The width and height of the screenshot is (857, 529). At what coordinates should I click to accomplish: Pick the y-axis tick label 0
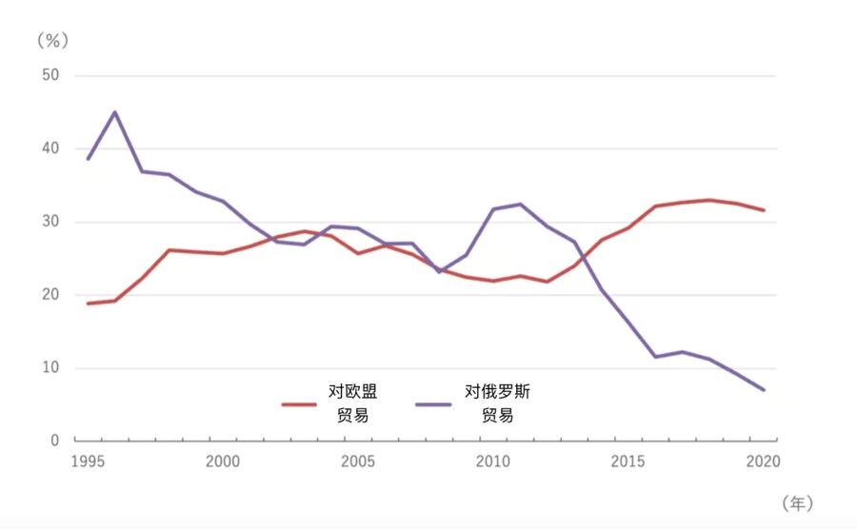(x=54, y=441)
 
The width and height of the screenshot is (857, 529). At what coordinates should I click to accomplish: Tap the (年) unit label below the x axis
(x=798, y=500)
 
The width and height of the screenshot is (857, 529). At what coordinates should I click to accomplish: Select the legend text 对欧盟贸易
(x=353, y=402)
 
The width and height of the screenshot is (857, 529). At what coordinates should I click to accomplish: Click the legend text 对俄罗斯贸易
(x=496, y=402)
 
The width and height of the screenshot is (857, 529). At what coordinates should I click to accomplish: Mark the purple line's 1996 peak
(x=115, y=112)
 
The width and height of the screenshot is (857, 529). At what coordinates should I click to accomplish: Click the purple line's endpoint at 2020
(x=764, y=390)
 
